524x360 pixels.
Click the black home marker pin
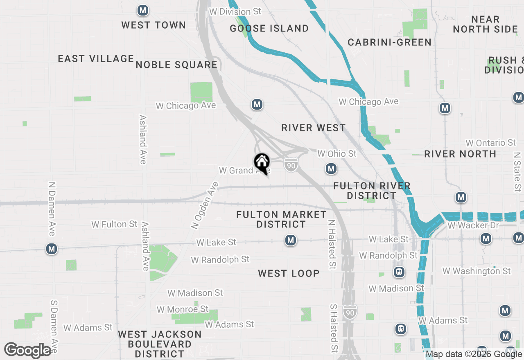[262, 163]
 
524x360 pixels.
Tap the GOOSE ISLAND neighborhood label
[269, 28]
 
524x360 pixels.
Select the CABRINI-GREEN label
[389, 42]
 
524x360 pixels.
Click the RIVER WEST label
[314, 128]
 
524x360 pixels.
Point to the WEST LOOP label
[289, 273]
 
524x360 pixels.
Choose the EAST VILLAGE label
[96, 59]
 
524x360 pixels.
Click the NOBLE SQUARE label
[176, 65]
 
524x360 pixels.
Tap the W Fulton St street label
[115, 224]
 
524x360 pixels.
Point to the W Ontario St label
[491, 143]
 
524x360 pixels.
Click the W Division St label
[235, 11]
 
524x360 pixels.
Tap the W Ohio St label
[337, 153]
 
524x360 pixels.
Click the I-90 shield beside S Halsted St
[350, 312]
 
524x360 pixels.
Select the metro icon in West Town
[143, 11]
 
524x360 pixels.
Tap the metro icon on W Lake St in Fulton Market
[291, 240]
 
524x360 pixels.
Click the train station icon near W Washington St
[399, 272]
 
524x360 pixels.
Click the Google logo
[27, 350]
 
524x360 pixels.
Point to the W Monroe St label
[183, 309]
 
